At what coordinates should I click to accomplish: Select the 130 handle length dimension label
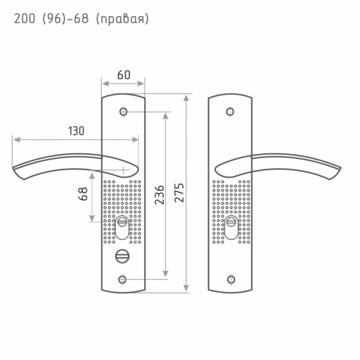tap(75, 131)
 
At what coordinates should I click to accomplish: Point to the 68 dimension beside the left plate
tap(83, 194)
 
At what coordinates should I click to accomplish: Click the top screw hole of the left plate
tap(122, 112)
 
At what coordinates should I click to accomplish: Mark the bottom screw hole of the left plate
tap(122, 279)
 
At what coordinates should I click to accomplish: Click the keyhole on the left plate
tap(122, 229)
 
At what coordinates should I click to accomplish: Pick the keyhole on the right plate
tap(230, 229)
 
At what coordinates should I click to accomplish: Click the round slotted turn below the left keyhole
tap(121, 256)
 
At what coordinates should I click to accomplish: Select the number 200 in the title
tap(23, 20)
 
